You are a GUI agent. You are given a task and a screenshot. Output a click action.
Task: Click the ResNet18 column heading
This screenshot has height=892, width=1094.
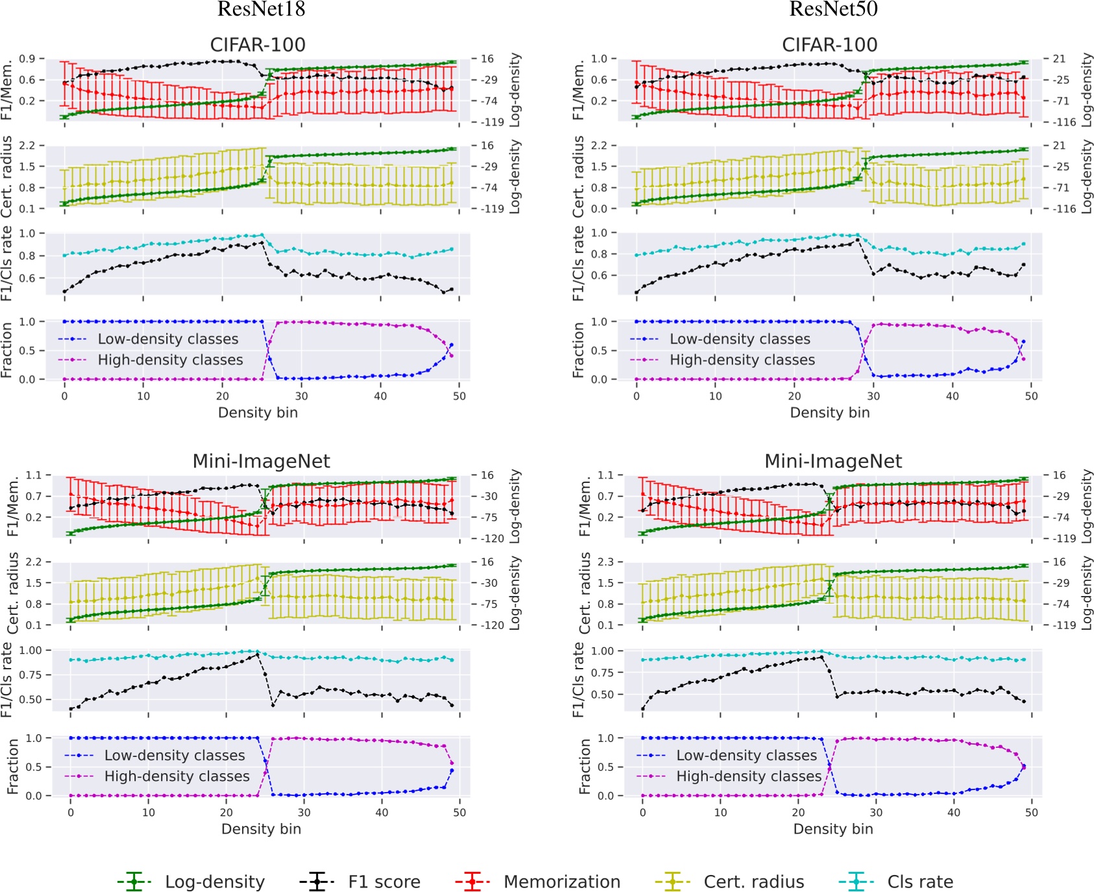[261, 9]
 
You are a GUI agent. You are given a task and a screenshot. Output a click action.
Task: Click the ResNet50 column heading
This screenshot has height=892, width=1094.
[833, 9]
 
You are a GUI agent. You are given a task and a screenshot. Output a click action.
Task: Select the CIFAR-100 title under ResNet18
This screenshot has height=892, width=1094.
[258, 45]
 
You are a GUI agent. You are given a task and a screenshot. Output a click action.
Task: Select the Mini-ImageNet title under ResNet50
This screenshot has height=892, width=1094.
[833, 462]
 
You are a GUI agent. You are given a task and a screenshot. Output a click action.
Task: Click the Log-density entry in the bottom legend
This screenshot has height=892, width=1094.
[215, 882]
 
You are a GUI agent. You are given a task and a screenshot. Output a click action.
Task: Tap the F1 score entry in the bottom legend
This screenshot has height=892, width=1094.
[384, 882]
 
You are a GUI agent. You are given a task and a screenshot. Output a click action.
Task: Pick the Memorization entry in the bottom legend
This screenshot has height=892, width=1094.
[562, 882]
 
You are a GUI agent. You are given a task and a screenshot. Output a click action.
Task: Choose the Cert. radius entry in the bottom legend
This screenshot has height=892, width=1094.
[754, 882]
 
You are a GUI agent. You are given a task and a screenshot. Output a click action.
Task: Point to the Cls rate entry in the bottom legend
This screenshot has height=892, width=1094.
[920, 882]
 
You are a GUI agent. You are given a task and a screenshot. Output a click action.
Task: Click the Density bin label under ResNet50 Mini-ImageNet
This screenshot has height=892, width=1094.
[833, 829]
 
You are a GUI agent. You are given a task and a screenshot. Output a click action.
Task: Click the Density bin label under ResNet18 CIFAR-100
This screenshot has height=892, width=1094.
[258, 413]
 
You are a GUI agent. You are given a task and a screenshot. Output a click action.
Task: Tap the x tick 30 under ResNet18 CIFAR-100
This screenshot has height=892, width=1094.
[302, 396]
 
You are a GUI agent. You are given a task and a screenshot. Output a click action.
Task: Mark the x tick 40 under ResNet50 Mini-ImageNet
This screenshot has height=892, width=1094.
[954, 812]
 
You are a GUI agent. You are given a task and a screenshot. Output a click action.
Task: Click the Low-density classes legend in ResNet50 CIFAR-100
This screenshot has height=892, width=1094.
[740, 339]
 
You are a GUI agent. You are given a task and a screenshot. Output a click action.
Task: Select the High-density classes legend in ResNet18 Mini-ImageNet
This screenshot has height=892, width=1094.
[176, 776]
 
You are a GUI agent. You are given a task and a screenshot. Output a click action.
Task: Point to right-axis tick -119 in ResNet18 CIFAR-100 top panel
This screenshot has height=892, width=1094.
[492, 122]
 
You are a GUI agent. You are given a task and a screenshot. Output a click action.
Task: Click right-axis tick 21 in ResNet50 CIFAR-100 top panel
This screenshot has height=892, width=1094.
[1059, 59]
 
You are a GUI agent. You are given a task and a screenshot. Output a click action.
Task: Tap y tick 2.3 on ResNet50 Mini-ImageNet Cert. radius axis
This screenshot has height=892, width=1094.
[605, 562]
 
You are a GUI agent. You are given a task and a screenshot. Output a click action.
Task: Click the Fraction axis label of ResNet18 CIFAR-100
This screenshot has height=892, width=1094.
[7, 350]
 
